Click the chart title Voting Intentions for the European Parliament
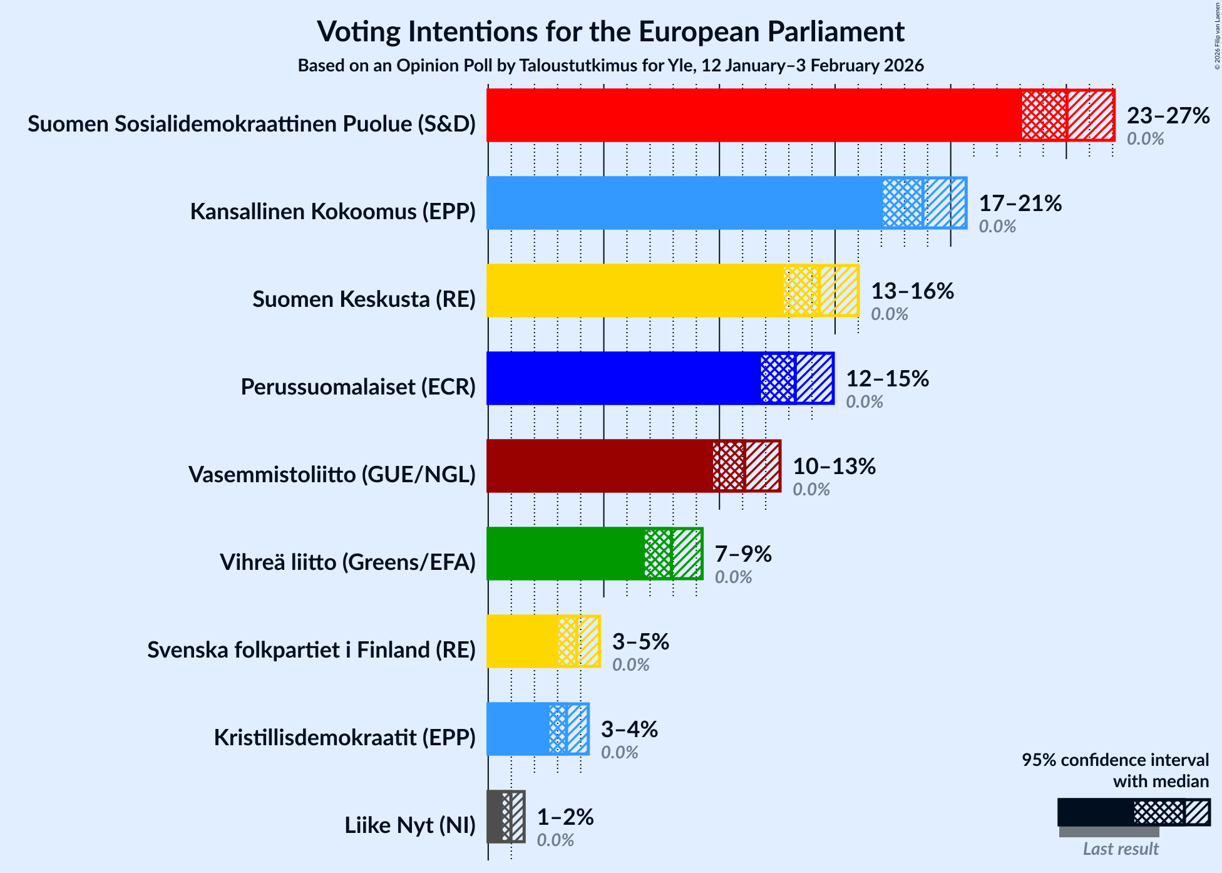click(610, 31)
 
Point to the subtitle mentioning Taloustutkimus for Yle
click(610, 66)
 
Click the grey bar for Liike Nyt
click(495, 817)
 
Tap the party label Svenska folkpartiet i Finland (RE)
click(311, 650)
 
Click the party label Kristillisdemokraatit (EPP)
click(344, 738)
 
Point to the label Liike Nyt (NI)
click(409, 825)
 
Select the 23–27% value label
click(1168, 116)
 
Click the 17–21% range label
click(1020, 204)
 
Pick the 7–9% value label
click(743, 554)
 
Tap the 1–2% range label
click(565, 817)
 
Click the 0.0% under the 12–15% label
click(865, 402)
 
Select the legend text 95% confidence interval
click(1115, 760)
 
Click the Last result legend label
click(1121, 849)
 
